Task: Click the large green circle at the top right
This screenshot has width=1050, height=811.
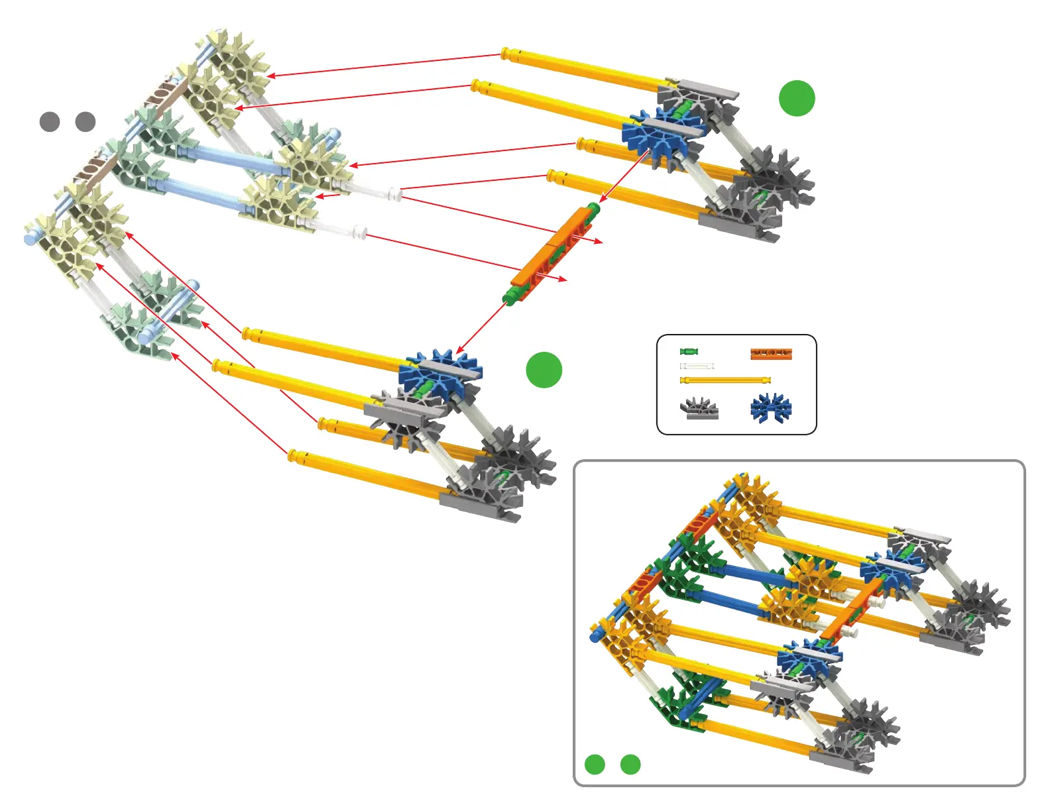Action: click(796, 98)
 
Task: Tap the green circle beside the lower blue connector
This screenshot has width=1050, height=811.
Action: click(544, 370)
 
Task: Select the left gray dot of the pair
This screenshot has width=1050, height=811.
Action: click(50, 122)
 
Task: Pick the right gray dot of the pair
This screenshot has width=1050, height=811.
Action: click(86, 122)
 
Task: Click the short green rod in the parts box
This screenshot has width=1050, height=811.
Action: click(689, 351)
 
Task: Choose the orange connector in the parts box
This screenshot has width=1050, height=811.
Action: click(772, 353)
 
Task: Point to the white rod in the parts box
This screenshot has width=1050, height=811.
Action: click(697, 366)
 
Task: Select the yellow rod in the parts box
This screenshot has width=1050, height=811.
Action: click(725, 380)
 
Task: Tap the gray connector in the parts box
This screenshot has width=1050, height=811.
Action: click(700, 408)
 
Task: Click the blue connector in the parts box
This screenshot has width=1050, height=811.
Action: click(771, 407)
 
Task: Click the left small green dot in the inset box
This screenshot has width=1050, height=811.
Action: click(595, 765)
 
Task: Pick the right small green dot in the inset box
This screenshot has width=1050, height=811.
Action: click(630, 765)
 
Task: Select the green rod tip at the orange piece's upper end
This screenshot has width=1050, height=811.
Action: click(594, 209)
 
